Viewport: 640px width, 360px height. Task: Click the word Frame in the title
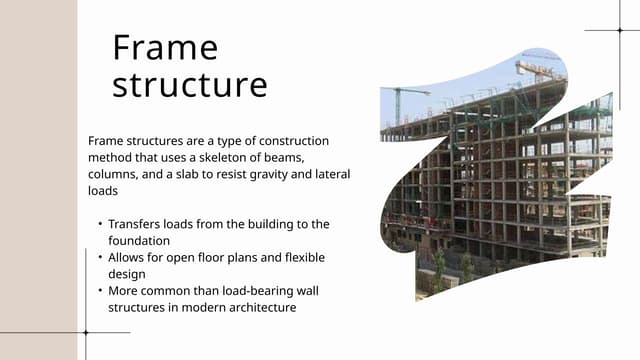pos(165,47)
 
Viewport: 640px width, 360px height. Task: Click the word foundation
pos(139,240)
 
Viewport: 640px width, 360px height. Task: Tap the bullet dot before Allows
pos(100,257)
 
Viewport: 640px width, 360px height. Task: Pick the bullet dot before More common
pos(100,290)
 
